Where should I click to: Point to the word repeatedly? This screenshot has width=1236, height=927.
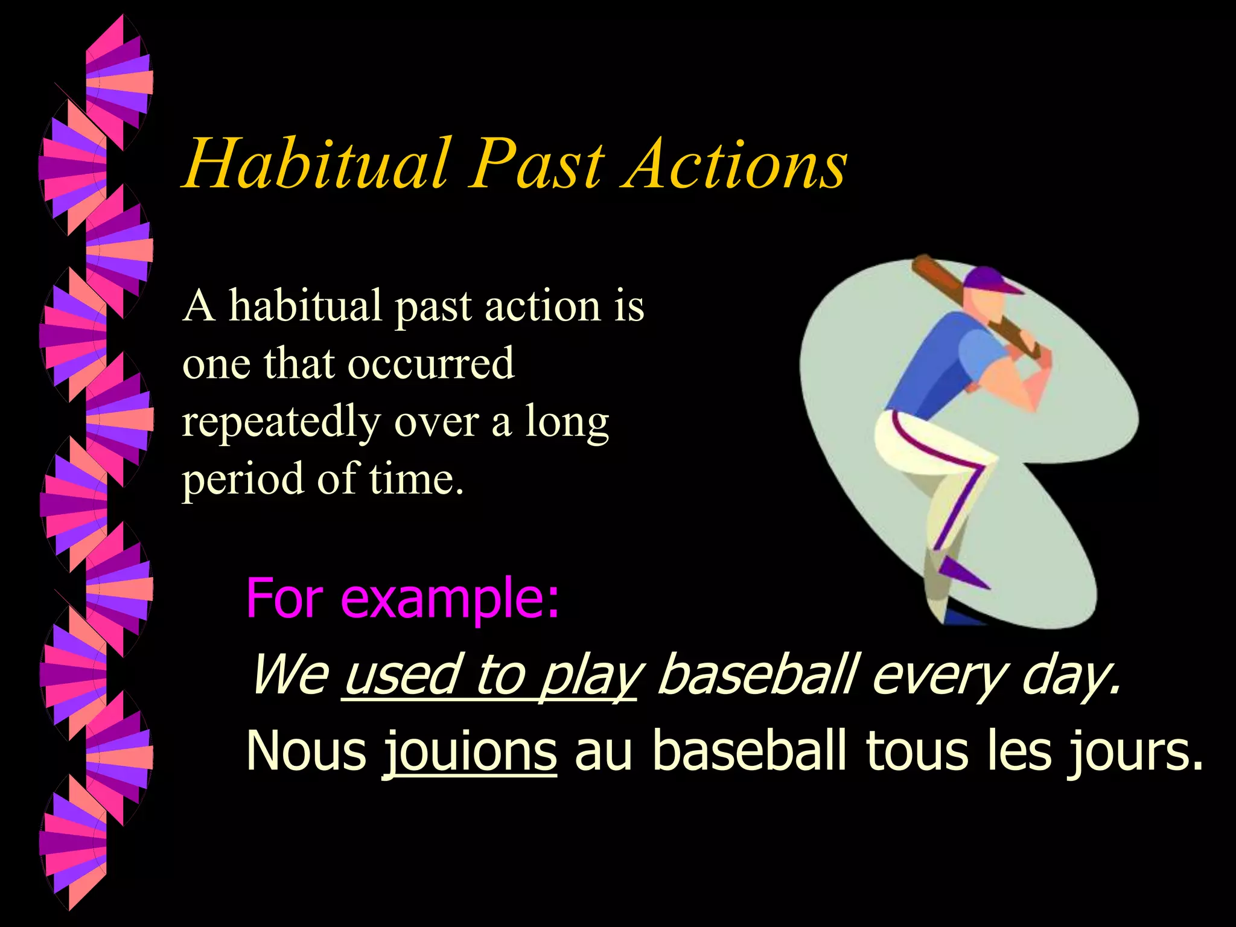tap(281, 422)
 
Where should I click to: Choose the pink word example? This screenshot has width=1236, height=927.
tap(450, 599)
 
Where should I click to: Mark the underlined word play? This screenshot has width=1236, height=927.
tap(588, 676)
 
